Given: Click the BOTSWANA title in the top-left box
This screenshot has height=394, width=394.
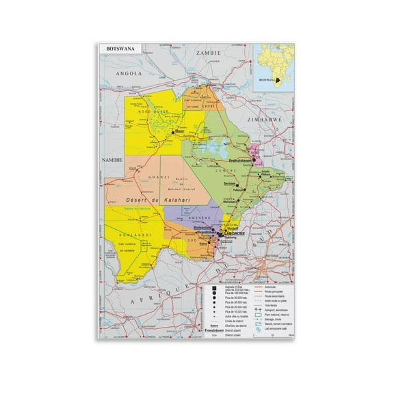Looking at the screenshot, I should (117, 50).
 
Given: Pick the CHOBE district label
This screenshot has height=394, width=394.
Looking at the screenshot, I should (211, 106).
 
